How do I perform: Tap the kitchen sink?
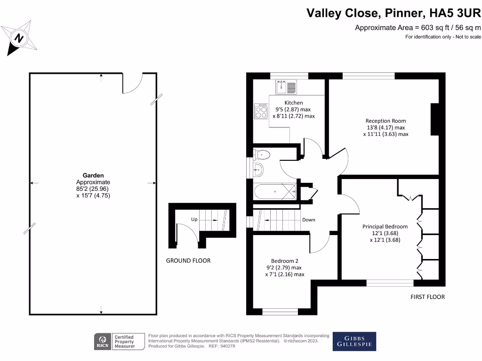pos(287,87)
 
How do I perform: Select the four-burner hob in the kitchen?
pos(261,111)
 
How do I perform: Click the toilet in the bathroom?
pos(261,154)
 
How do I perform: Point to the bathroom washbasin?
pos(258,170)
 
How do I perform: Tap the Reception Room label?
pos(386,121)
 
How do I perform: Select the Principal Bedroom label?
pos(385,226)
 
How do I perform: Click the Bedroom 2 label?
pos(284,261)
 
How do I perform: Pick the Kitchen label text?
pos(293,102)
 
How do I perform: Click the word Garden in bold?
pos(93,175)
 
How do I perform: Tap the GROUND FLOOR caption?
pos(188,260)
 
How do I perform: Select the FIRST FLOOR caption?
pos(427,297)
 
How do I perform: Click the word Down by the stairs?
pos(309,220)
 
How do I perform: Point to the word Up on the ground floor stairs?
pos(194,220)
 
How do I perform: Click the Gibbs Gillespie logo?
pos(354,341)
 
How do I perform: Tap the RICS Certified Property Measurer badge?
pos(116,341)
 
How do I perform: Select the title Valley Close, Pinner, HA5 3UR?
pos(394,12)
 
